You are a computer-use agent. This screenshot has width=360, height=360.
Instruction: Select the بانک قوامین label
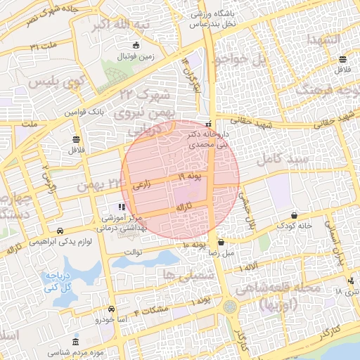click(x=85, y=112)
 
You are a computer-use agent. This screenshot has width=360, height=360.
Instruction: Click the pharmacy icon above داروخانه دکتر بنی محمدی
click(x=208, y=123)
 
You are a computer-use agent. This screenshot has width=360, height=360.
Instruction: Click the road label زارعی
click(x=141, y=185)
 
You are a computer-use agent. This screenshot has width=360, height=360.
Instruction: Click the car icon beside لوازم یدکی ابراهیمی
click(x=60, y=231)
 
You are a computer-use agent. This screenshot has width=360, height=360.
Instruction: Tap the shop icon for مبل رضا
click(x=221, y=242)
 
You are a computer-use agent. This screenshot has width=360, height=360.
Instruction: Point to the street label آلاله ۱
click(x=247, y=269)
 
